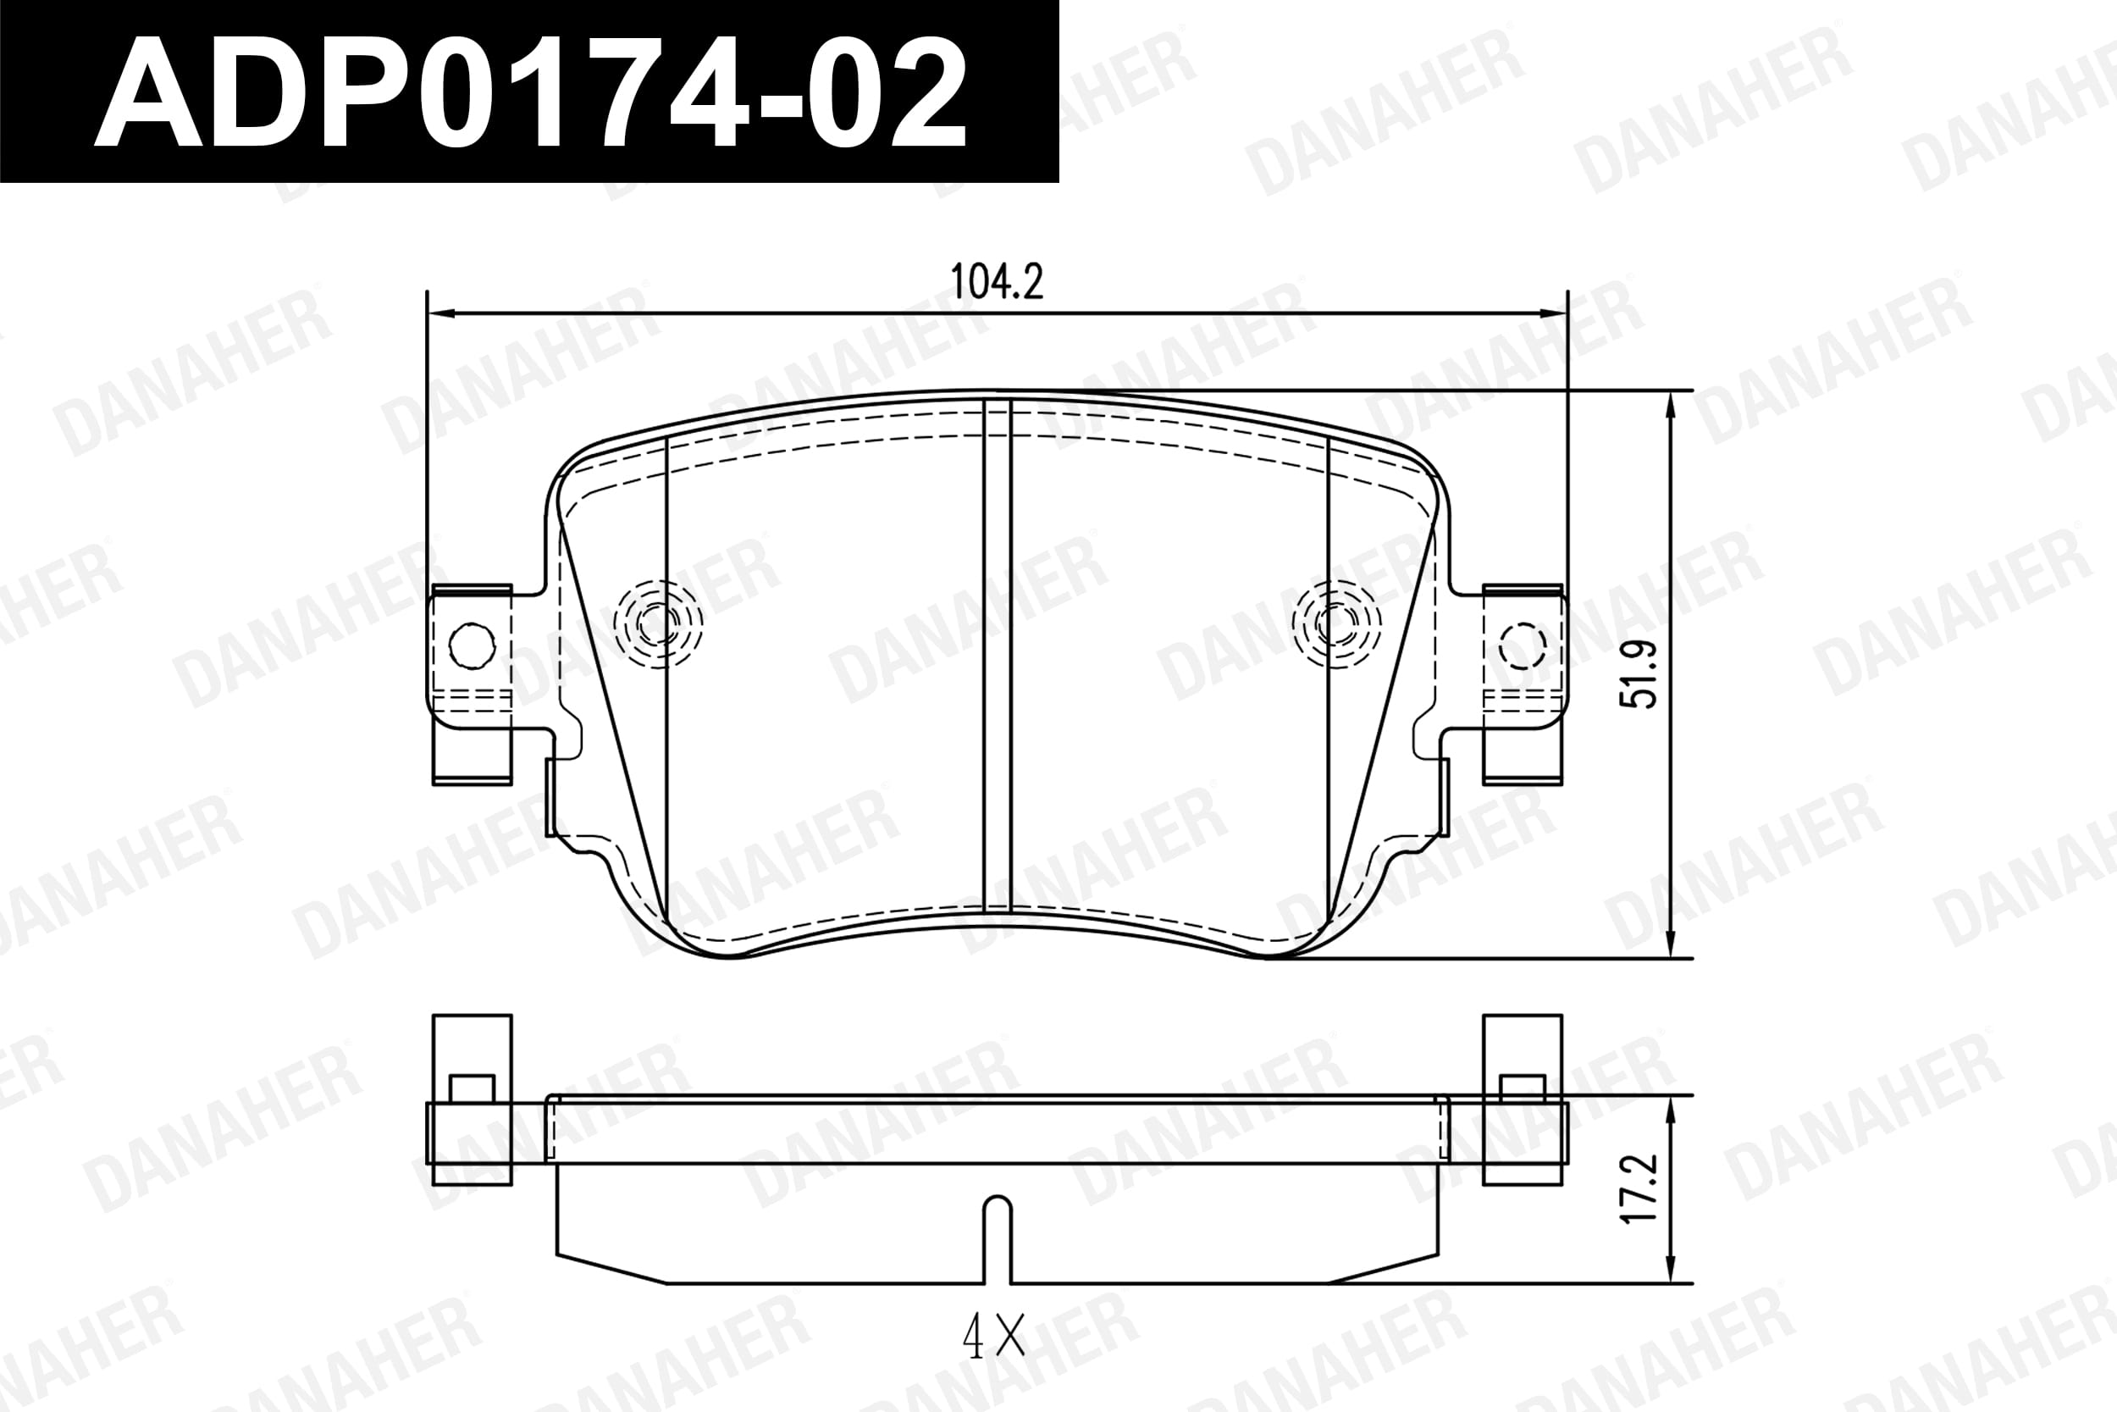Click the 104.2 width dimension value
998,283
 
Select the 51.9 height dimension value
1639,673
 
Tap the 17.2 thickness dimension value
1639,1188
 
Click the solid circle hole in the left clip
472,645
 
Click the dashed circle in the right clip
1522,645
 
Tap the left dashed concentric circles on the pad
658,623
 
